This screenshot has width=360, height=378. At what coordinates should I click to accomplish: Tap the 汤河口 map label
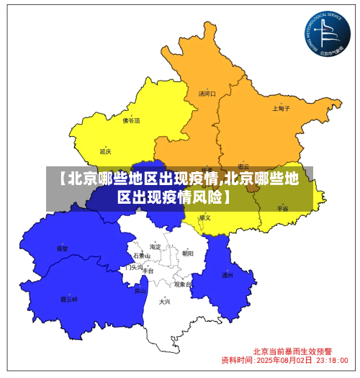tap(207, 94)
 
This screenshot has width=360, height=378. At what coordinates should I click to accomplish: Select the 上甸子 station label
tap(281, 109)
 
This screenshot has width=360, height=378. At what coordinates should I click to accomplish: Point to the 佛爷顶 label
tap(131, 121)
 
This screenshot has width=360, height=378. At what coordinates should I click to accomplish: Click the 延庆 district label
tap(106, 152)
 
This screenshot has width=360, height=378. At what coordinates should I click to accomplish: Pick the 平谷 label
tap(282, 208)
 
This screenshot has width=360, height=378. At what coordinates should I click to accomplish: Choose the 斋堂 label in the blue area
tap(63, 249)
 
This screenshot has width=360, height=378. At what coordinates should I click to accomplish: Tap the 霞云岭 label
tap(68, 299)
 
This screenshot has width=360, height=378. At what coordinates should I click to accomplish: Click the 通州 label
tap(227, 275)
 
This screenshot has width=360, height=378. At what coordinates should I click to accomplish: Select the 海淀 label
tap(155, 247)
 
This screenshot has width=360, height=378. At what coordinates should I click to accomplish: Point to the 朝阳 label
tap(188, 253)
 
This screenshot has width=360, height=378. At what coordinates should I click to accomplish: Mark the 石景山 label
tap(141, 256)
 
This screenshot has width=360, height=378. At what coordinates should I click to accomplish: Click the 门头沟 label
tap(134, 267)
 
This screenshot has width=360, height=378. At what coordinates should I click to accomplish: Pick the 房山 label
tap(140, 292)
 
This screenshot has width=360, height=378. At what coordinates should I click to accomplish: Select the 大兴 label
tap(165, 302)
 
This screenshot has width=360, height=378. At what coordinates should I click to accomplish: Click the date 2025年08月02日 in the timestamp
tap(284, 360)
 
